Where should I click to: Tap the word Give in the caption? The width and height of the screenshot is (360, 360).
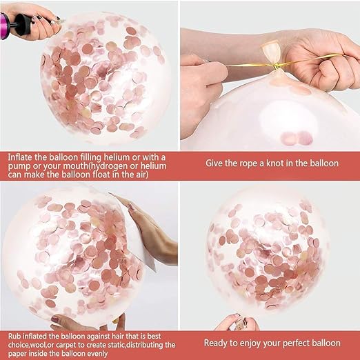pos(216,163)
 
